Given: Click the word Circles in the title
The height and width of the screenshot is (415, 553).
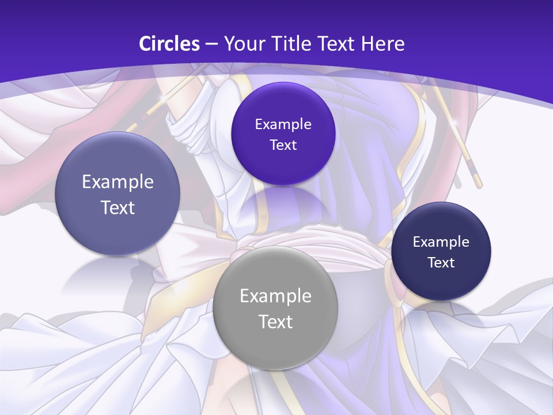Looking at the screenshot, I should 169,44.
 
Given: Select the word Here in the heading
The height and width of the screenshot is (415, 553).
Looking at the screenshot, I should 382,44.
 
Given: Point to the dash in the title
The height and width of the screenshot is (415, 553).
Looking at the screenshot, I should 211,44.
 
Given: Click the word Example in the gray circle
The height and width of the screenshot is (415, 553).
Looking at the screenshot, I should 275,296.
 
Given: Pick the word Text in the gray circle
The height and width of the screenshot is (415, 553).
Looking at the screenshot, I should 275,322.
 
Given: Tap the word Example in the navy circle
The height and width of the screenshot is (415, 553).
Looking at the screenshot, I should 441,242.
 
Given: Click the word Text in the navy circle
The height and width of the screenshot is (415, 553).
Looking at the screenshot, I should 441,263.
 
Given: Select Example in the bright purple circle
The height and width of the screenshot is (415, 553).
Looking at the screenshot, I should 283,124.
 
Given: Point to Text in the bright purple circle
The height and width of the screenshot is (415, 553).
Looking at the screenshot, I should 283,145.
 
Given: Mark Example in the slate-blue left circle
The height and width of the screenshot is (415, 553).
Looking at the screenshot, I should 118,182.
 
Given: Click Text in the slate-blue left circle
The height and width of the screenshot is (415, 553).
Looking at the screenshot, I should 118,207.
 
